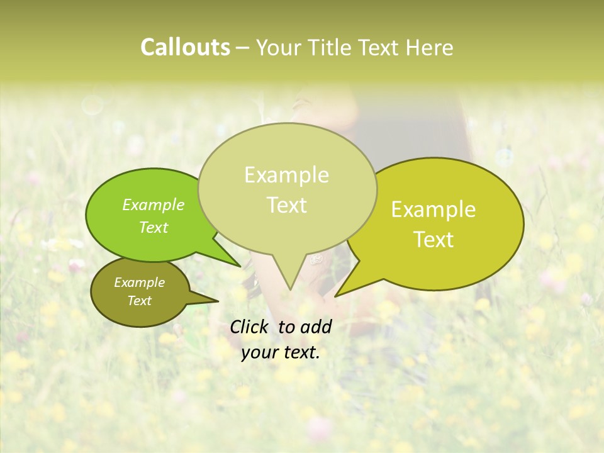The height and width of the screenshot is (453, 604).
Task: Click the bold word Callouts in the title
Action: click(185, 47)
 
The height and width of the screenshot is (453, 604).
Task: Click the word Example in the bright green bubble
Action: click(154, 204)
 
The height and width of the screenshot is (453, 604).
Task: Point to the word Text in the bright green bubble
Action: click(154, 227)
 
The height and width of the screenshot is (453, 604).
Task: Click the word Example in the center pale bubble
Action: click(286, 175)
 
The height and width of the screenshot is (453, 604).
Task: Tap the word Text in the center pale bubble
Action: click(286, 205)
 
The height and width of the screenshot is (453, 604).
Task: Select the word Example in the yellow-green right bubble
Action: click(433, 210)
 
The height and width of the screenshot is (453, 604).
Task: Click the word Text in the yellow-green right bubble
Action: click(433, 239)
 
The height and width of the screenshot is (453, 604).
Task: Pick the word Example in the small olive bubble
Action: click(139, 282)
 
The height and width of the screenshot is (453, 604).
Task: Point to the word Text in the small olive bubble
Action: click(139, 301)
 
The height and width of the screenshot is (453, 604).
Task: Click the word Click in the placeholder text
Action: click(251, 327)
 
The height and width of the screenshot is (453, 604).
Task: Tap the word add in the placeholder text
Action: click(317, 327)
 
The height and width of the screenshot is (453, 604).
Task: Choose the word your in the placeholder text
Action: click(259, 352)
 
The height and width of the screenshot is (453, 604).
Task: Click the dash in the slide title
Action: click(243, 48)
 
